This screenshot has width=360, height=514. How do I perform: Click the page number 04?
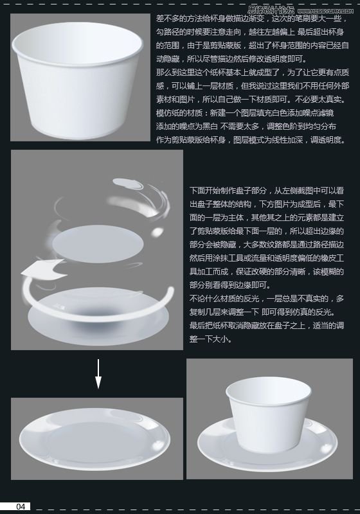click(21, 506)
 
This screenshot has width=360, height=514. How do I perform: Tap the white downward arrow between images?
click(98, 373)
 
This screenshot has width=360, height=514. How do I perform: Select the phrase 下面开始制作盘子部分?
click(222, 191)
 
